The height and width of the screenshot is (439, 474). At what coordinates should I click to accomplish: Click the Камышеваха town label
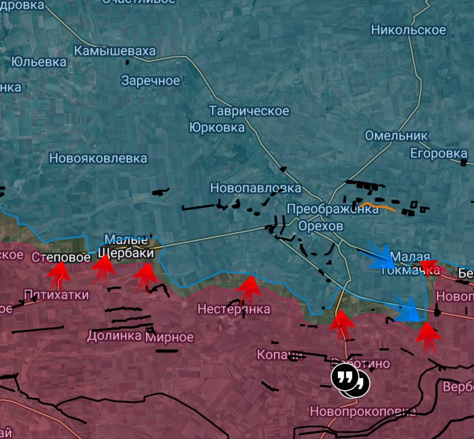tap(115, 51)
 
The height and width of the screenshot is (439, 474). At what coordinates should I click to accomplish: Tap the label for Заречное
tap(151, 80)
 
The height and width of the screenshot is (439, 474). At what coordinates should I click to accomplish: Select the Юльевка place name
tap(39, 62)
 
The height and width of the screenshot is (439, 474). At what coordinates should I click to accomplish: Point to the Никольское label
tap(409, 30)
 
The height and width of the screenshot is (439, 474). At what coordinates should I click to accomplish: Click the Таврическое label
tap(249, 111)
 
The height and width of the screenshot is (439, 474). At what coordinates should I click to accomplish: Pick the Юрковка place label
tap(217, 127)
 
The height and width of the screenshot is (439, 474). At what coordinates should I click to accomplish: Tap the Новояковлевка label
tap(98, 158)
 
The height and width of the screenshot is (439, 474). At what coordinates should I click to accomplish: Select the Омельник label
tap(396, 135)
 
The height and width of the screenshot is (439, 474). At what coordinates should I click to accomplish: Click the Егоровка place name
tap(438, 153)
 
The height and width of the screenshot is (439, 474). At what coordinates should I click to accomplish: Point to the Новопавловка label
tap(256, 188)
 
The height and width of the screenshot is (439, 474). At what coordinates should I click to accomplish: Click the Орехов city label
tap(321, 226)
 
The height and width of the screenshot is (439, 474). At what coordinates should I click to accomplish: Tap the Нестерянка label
tap(234, 309)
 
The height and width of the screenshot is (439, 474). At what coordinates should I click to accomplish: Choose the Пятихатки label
tap(57, 295)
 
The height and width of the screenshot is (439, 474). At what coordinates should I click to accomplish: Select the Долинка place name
tap(114, 335)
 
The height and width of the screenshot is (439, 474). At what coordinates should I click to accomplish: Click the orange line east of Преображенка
tap(378, 206)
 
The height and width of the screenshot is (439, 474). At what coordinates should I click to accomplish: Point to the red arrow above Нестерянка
tap(249, 289)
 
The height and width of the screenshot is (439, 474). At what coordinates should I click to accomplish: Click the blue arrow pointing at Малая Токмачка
tap(381, 255)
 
